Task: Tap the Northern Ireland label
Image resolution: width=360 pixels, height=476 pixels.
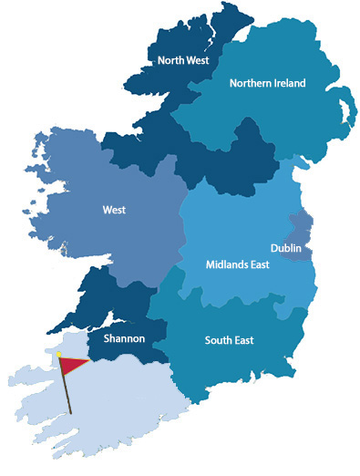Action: [x=267, y=83]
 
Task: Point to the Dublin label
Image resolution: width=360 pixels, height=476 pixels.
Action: [x=287, y=248]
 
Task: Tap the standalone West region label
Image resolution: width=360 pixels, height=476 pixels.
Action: [x=115, y=210]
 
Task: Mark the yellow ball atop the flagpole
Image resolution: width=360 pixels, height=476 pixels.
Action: [x=59, y=353]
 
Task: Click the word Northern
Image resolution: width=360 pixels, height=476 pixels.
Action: [x=249, y=83]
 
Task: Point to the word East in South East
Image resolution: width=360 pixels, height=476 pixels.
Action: [x=242, y=341]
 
